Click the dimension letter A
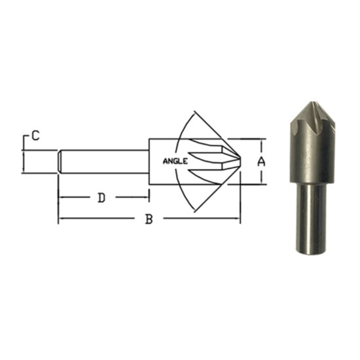(x=261, y=160)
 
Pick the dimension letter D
(x=101, y=198)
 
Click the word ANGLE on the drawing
(x=175, y=160)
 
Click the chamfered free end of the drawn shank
(x=60, y=160)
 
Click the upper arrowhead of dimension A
(x=264, y=141)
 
